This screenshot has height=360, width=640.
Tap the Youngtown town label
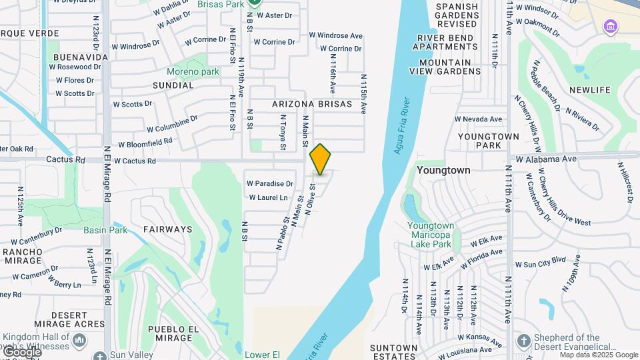[443, 170]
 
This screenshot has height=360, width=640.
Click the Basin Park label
[105, 230]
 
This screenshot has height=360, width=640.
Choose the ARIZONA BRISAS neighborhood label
[312, 105]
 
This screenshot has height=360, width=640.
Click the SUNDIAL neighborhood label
[173, 85]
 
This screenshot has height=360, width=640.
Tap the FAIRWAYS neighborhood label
[167, 229]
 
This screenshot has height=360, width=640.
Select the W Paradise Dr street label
[270, 183]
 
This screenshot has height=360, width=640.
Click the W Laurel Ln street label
[268, 197]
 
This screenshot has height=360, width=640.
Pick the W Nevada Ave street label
[478, 119]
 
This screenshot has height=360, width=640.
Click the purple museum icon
[610, 27]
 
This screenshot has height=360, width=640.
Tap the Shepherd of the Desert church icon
[523, 341]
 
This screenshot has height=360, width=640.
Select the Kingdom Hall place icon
[79, 341]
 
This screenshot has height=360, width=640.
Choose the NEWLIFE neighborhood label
[590, 89]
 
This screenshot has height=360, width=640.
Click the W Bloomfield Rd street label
[145, 142]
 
